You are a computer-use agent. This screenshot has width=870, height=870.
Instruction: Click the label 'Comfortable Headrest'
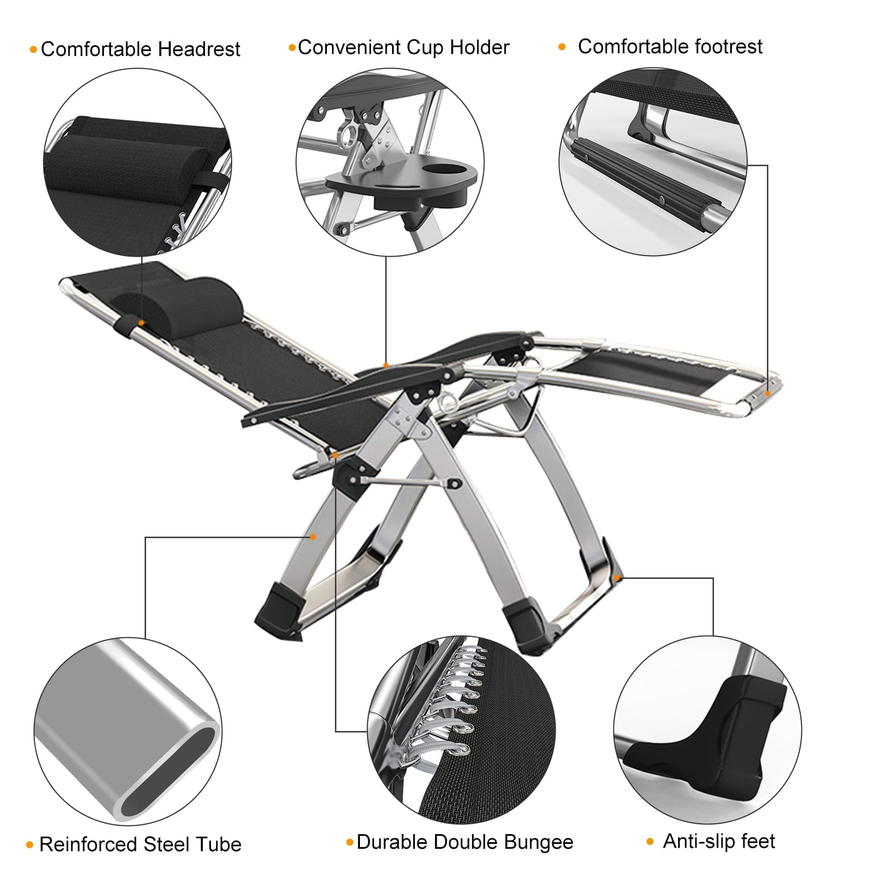pos(140,49)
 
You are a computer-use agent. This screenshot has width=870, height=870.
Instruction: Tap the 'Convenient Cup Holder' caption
pos(403,48)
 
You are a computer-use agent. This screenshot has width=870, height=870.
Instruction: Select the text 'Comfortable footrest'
pos(670,47)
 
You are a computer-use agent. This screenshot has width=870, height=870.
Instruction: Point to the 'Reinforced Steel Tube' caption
pos(140,844)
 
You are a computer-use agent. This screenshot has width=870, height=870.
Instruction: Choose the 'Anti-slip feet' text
pos(719,841)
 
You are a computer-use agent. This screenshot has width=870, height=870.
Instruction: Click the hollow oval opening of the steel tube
pos(169,772)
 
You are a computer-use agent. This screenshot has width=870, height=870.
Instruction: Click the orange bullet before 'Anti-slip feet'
pos(650,842)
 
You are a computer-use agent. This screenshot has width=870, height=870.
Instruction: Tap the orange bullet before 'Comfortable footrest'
pos(562,47)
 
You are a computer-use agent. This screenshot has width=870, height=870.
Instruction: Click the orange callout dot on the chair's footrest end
pos(768,393)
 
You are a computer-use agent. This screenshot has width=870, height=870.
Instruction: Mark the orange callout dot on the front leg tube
pos(313,537)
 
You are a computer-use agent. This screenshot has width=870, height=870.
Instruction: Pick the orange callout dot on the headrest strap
pos(141,323)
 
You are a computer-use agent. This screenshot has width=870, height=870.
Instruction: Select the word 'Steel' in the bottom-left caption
pos(166,844)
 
